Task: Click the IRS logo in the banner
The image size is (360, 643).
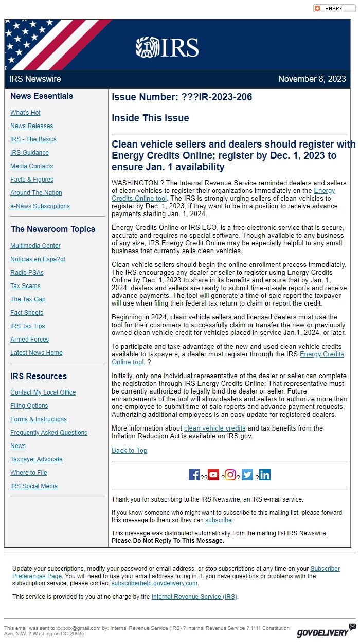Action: [x=167, y=47]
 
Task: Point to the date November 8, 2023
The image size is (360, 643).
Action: [x=312, y=79]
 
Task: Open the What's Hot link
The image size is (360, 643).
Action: [x=25, y=113]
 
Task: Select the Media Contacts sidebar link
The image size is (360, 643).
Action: [x=31, y=166]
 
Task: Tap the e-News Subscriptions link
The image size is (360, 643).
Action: [x=40, y=206]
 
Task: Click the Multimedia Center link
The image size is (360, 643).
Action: [x=35, y=246]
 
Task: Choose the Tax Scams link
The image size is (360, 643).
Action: [x=25, y=286]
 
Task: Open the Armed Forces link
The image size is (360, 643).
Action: [x=30, y=340]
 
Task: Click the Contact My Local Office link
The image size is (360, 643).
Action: [x=43, y=392]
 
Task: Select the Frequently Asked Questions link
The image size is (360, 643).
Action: [x=49, y=433]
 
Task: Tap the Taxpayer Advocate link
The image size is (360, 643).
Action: [x=37, y=459]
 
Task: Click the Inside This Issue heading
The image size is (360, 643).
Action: [x=150, y=118]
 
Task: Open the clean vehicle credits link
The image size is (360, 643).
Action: [x=214, y=428]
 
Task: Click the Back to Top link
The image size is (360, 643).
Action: [x=130, y=451]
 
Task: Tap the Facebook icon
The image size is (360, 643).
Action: [x=194, y=475]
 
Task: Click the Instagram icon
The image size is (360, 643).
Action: [x=230, y=475]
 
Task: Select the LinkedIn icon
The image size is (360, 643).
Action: [x=265, y=475]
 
